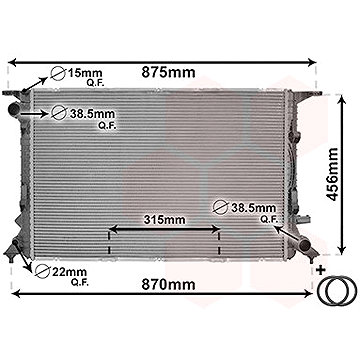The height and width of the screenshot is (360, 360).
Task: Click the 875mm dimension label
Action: point(168,72)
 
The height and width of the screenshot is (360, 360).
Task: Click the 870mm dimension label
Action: point(168,284)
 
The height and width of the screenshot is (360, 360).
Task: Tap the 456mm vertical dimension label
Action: point(332,174)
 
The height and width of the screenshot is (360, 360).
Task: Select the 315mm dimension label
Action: point(164,220)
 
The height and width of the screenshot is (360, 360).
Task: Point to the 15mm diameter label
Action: point(85,73)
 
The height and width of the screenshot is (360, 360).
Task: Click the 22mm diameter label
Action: point(70,272)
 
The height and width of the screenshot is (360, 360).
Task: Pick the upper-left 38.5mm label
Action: point(92,114)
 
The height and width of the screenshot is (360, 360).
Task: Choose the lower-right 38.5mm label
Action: point(254,208)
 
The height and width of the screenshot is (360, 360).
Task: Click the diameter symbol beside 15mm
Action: point(58,73)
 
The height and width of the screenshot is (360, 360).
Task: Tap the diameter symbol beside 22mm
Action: point(42,271)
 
